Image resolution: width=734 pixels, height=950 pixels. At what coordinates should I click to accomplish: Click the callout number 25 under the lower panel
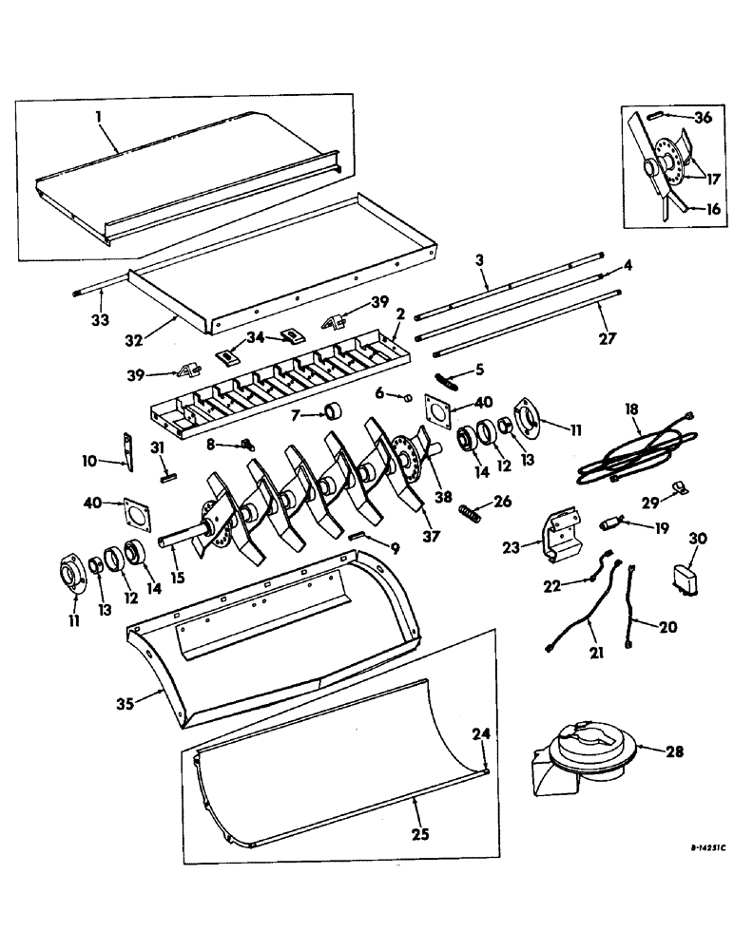(x=419, y=835)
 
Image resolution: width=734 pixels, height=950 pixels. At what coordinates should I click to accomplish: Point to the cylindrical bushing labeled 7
(x=334, y=412)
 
